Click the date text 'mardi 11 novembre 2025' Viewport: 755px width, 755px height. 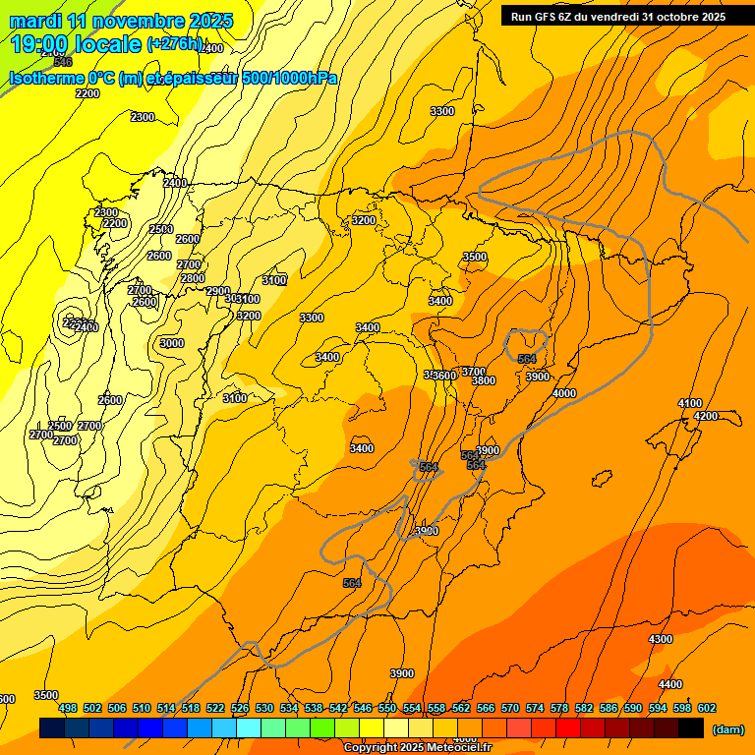point(121,21)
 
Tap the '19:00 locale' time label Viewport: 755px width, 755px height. point(77,44)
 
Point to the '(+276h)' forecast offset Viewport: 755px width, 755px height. point(176,44)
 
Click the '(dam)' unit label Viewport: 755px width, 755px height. point(727,729)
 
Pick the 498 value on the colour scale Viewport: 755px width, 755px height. point(68,708)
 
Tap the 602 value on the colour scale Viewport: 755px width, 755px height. point(707,708)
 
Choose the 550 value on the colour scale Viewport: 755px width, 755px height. point(387,708)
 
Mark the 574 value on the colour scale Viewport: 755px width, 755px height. point(535,708)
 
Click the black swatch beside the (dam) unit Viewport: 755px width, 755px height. point(691,728)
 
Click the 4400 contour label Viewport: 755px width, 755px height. point(670,684)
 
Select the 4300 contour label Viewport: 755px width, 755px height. point(661,639)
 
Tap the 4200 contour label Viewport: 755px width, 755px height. point(706,416)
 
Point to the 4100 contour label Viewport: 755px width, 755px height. point(690,403)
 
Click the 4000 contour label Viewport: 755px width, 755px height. point(564,393)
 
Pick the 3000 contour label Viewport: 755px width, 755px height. point(172,343)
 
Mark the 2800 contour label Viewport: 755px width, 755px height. point(193,278)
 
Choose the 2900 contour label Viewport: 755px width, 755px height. point(217,291)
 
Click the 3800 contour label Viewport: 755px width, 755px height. point(483,380)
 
